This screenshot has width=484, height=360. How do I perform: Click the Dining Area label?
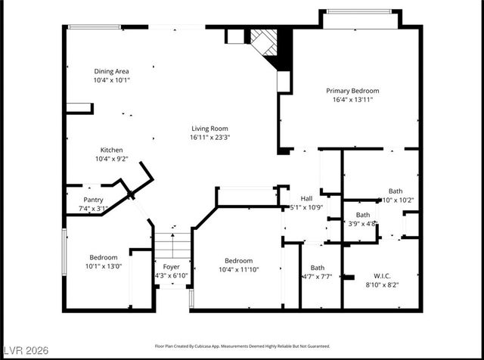pyautogui.click(x=111, y=70)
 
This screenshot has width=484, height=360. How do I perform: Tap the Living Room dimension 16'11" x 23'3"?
pyautogui.click(x=209, y=138)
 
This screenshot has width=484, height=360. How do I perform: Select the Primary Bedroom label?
pyautogui.click(x=353, y=90)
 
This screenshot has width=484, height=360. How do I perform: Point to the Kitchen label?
pyautogui.click(x=111, y=150)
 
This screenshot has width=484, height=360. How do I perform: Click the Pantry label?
pyautogui.click(x=93, y=200)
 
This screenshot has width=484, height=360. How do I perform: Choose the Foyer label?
pyautogui.click(x=171, y=266)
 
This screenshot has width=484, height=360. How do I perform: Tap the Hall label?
pyautogui.click(x=307, y=198)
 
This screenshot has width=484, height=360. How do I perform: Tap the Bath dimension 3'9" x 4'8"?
pyautogui.click(x=361, y=223)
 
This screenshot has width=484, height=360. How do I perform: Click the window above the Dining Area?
pyautogui.click(x=95, y=27)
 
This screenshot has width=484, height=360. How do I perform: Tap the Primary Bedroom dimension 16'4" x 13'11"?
pyautogui.click(x=353, y=99)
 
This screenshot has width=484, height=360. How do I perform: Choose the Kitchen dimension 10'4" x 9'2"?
pyautogui.click(x=111, y=159)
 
